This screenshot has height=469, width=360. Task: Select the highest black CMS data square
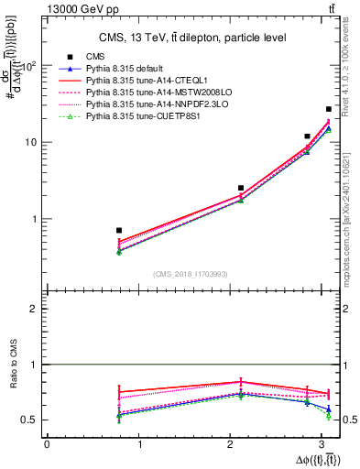coord(329,109)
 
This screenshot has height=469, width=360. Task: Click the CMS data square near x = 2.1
coord(241,188)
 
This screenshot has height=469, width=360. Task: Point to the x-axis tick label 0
coord(47,444)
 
